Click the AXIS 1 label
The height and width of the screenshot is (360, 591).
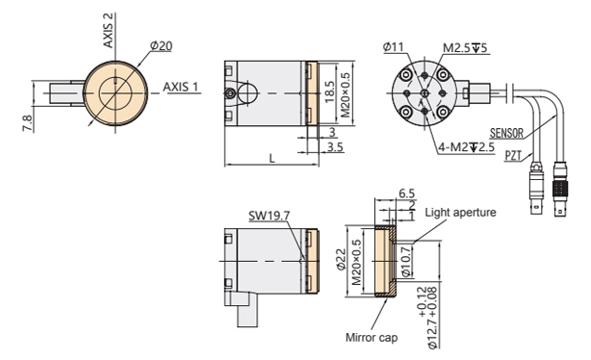180,87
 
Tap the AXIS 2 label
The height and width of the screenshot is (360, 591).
108,36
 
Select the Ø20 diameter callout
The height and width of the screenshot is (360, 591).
161,46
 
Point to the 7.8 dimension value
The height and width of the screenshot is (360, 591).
27,123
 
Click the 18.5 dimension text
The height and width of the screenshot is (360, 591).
329,92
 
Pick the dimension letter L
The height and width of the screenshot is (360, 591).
272,158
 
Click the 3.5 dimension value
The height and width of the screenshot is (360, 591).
335,146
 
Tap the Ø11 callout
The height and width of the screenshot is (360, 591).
393,47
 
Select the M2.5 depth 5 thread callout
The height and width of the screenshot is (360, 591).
466,48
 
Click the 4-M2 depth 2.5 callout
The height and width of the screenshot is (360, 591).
466,147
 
